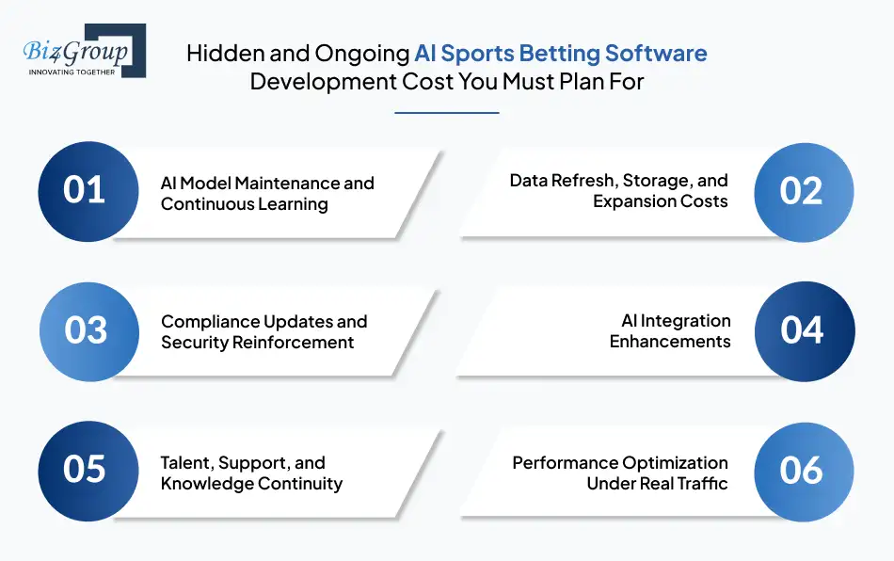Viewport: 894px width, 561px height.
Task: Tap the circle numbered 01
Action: point(85,191)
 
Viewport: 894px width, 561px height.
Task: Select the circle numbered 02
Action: point(803,191)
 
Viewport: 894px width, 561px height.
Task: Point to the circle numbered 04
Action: point(803,331)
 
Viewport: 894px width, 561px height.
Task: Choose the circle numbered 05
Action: point(85,470)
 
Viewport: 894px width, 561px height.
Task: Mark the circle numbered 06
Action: point(803,470)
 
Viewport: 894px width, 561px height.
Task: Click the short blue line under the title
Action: point(446,112)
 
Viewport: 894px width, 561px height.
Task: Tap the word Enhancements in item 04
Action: point(669,342)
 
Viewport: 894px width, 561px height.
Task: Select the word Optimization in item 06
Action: point(674,463)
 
